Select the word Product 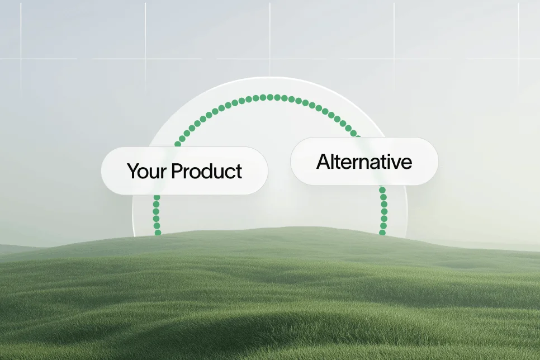pos(207,171)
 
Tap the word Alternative pos(364,162)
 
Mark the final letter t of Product pos(239,171)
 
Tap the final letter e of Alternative pos(408,162)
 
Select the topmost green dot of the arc pos(270,97)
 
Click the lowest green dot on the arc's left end pos(158,233)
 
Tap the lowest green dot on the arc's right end pos(383,233)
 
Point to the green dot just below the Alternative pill pos(383,190)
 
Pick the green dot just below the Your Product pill pos(157,197)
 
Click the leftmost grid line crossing pos(21,58)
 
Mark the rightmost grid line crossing pos(518,58)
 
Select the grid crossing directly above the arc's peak pos(270,58)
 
